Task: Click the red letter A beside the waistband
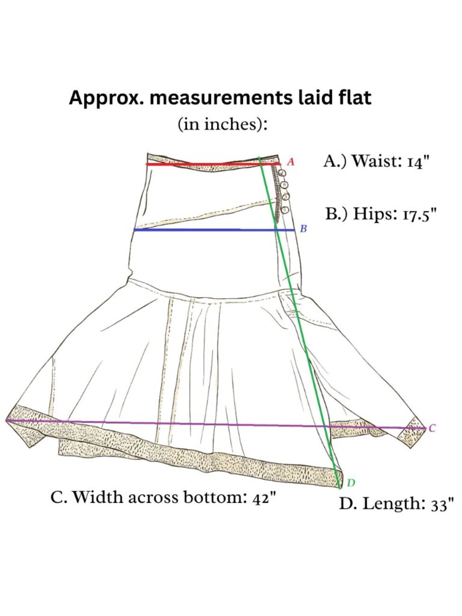point(291,162)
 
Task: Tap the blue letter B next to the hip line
point(303,229)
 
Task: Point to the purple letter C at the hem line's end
point(432,428)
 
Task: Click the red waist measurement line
point(213,164)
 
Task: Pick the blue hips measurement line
point(214,230)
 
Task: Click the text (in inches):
point(223,124)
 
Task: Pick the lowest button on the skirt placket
point(285,210)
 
